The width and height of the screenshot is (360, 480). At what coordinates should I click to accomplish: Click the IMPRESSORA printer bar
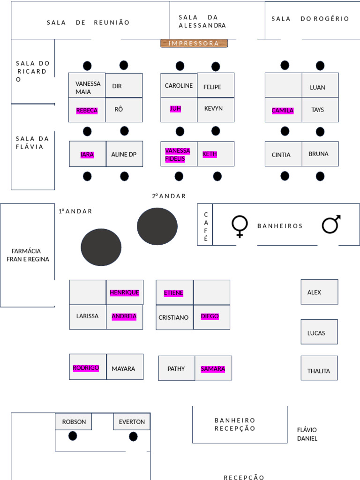pos(194,44)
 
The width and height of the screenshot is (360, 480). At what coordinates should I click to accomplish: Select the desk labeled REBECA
pos(87,110)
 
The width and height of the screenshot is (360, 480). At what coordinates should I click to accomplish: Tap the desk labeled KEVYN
pos(216,110)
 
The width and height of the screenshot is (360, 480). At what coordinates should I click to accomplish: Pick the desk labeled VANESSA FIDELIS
pos(179,154)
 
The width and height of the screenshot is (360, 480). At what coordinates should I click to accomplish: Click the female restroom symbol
pos(240,226)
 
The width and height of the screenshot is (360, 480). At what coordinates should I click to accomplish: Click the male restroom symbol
pos(331,225)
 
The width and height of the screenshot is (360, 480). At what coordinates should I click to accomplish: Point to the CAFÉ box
pos(205,225)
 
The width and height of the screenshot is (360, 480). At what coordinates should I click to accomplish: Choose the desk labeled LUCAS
pos(319,332)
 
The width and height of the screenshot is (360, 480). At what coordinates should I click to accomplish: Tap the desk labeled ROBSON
pos(74,422)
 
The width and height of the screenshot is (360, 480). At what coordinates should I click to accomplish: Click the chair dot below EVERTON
pos(133,436)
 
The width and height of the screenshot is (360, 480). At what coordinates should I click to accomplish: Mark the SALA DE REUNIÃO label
pos(88,22)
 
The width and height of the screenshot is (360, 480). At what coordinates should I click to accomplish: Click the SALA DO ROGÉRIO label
pos(310,19)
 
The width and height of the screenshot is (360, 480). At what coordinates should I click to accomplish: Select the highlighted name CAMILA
pos(283,111)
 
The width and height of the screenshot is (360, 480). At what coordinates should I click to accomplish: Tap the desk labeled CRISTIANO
pos(174,317)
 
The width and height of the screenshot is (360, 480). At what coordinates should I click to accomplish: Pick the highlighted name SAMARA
pos(213,369)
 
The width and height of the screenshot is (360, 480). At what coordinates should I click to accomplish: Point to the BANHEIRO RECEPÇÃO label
pos(235,424)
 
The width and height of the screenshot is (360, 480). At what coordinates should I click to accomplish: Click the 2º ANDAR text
pos(169,196)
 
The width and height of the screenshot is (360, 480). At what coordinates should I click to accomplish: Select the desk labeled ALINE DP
pos(124,154)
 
